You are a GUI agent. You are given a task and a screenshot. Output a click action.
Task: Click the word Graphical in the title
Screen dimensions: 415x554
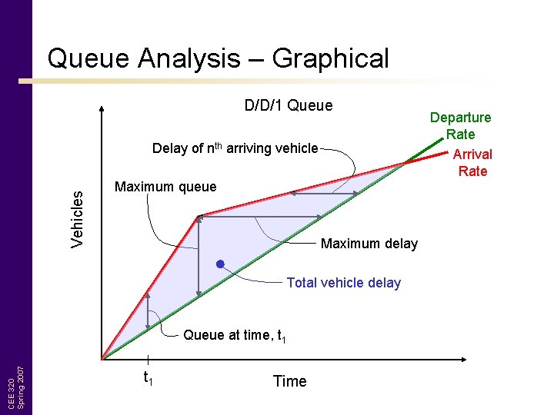click(331, 58)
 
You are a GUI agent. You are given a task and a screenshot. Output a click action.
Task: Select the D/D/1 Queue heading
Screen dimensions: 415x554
click(289, 105)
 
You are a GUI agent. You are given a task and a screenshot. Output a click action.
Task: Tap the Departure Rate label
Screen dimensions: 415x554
click(460, 125)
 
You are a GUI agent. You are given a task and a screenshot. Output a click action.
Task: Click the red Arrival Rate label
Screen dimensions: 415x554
click(472, 162)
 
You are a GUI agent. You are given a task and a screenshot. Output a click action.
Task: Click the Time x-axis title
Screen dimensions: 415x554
click(289, 381)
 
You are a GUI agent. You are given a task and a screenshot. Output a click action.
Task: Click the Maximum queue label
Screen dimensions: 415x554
click(165, 187)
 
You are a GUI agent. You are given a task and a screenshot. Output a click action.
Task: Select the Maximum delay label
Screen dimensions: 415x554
click(369, 244)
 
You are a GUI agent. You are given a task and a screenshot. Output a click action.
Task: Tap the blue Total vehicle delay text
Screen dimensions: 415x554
click(343, 283)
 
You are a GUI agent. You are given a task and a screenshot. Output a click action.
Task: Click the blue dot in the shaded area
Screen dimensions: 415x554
click(220, 265)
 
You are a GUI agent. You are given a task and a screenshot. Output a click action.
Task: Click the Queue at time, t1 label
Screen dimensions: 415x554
click(235, 335)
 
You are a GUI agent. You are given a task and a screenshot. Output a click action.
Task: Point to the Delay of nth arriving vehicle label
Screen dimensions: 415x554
click(235, 148)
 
